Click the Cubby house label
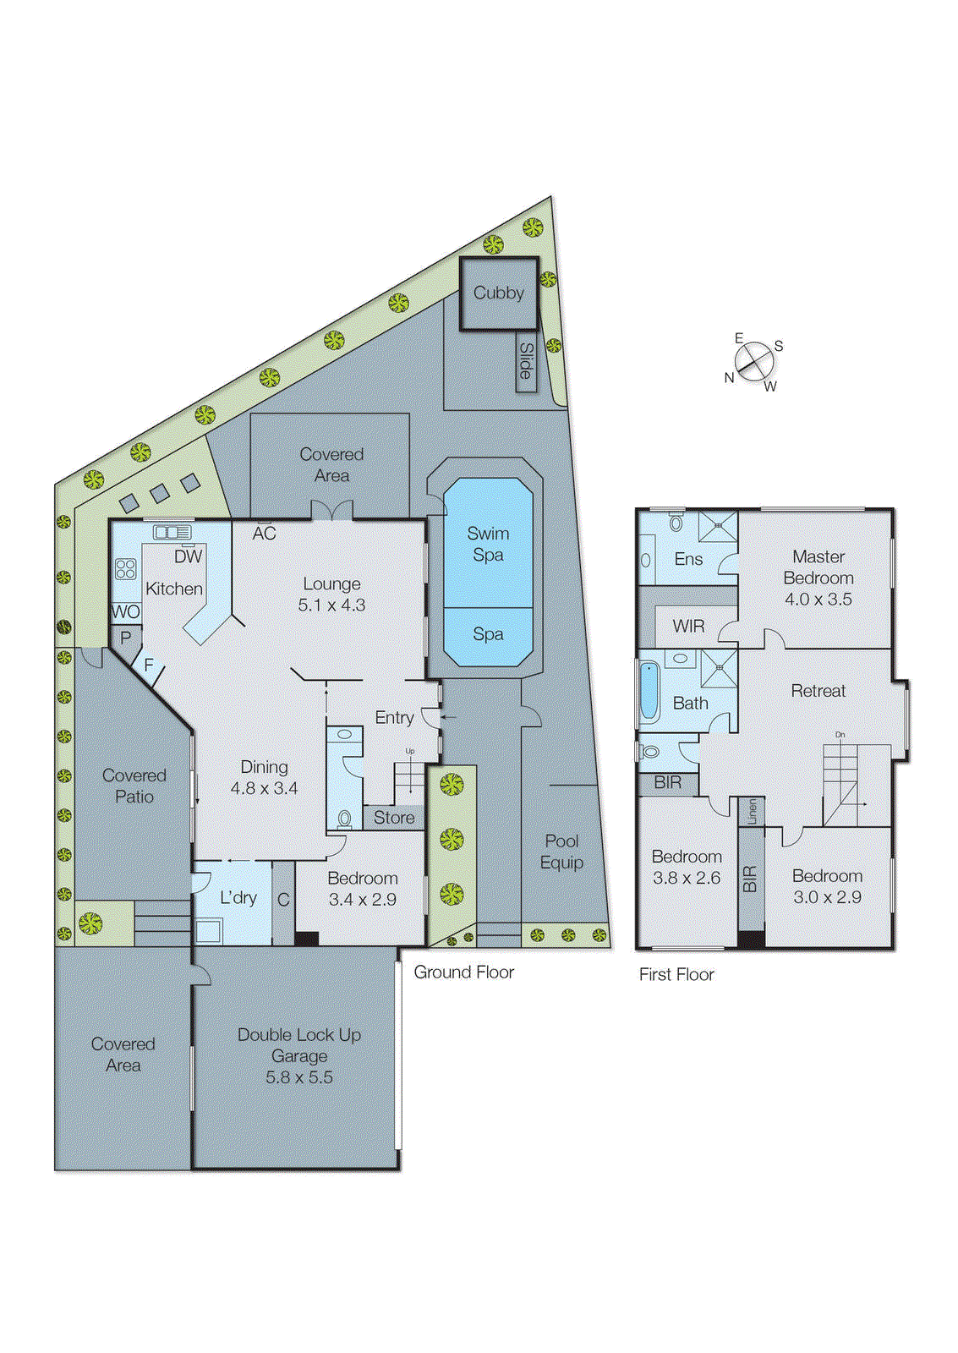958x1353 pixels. (x=498, y=293)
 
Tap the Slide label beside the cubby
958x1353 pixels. (x=526, y=361)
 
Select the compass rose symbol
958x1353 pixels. (x=754, y=363)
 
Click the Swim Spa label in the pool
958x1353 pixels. (x=488, y=544)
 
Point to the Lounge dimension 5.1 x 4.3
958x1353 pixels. (x=331, y=605)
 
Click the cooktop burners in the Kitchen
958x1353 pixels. (x=126, y=568)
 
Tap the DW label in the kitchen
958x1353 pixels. (x=188, y=556)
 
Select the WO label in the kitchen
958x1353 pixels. (x=125, y=611)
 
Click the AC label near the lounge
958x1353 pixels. (x=264, y=534)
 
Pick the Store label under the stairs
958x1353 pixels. (x=394, y=818)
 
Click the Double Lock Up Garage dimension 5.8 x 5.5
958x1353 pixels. (x=298, y=1077)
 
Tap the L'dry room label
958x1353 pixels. (x=238, y=898)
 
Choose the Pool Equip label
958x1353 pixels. (x=561, y=852)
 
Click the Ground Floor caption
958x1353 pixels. (x=463, y=972)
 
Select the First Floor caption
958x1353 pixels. (x=676, y=974)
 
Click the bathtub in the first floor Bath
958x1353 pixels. (x=649, y=691)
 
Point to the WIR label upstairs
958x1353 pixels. (x=688, y=627)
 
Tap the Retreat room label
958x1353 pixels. (x=818, y=691)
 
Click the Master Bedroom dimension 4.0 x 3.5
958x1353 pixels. (x=818, y=600)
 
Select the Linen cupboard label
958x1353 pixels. (x=752, y=812)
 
